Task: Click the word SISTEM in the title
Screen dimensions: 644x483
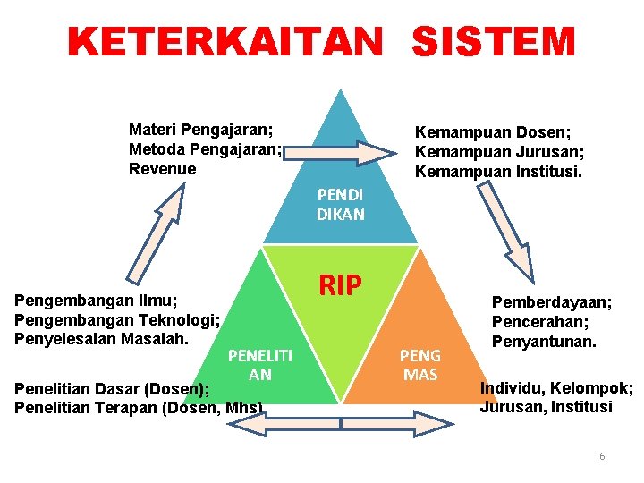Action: [495, 43]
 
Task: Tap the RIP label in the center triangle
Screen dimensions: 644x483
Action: [340, 285]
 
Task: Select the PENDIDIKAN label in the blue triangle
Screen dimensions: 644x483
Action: [340, 205]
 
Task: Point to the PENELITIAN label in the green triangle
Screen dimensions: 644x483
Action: [260, 365]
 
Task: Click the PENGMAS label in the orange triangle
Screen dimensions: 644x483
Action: [420, 365]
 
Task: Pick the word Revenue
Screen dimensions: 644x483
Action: [163, 169]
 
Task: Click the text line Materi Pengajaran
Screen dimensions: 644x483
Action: [201, 130]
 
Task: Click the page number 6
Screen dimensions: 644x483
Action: [602, 456]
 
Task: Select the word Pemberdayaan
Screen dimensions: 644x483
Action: [552, 302]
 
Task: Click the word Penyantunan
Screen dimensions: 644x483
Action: [544, 342]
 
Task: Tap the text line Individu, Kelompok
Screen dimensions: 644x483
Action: [556, 388]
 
